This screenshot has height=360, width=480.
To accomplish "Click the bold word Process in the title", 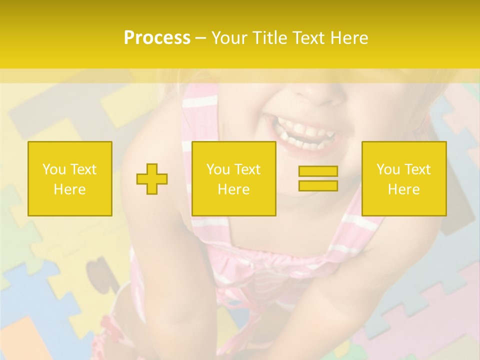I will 157,38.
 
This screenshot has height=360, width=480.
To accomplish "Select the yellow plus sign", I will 152,179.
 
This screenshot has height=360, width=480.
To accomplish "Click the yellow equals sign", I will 318,178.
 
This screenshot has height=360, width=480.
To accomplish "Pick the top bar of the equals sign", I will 318,171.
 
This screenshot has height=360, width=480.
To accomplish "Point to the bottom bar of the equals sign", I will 318,185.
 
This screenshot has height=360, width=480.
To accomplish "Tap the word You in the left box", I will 53,169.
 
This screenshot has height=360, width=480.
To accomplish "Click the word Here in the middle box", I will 234,189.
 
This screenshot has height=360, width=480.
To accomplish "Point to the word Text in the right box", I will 418,169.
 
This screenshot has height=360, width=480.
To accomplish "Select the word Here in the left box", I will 70,189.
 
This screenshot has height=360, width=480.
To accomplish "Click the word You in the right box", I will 388,169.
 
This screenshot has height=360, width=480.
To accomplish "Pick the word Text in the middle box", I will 248,169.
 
